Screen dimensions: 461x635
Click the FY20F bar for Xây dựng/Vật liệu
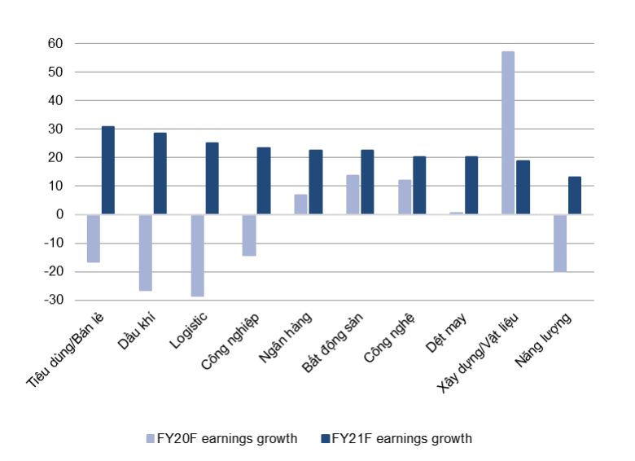tap(508, 133)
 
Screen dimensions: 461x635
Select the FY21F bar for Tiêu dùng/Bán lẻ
tap(107, 170)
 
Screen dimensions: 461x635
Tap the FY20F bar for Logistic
tap(197, 255)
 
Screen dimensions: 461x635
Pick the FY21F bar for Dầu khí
tap(160, 173)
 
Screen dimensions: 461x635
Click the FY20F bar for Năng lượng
tap(560, 243)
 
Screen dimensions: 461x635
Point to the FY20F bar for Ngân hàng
tap(300, 204)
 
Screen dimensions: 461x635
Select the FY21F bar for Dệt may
tap(471, 185)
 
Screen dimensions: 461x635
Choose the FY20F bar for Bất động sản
tap(353, 195)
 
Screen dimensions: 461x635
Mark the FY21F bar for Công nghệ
tap(419, 185)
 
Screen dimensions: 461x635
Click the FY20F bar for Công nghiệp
tap(249, 235)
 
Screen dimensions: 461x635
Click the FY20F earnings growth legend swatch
tap(150, 438)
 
